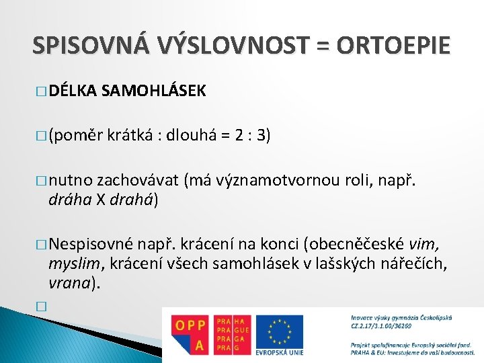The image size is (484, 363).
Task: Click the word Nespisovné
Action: [95, 243]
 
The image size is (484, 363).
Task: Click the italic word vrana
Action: [68, 282]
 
